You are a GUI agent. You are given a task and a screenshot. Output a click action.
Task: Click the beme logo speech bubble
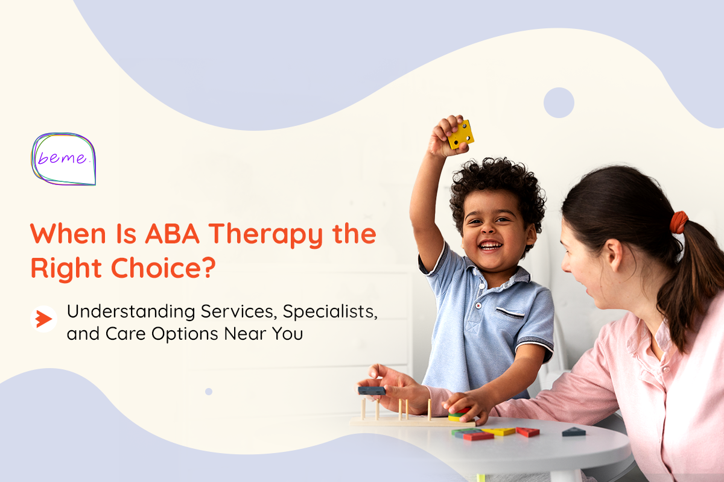pos(64,158)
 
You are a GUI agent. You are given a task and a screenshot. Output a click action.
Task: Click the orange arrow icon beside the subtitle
pos(43,319)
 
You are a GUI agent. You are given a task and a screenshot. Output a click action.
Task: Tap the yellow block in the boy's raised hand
pos(460,134)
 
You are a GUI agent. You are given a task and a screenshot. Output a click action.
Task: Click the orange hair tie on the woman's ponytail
pos(679,222)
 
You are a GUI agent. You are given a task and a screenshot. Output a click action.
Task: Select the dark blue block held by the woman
pos(371,390)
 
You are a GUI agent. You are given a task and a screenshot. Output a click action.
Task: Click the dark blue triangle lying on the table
pos(574,431)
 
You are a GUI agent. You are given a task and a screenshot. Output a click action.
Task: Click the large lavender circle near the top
pos(559,102)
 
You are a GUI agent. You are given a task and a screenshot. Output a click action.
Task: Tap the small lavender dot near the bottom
pos(209,391)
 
